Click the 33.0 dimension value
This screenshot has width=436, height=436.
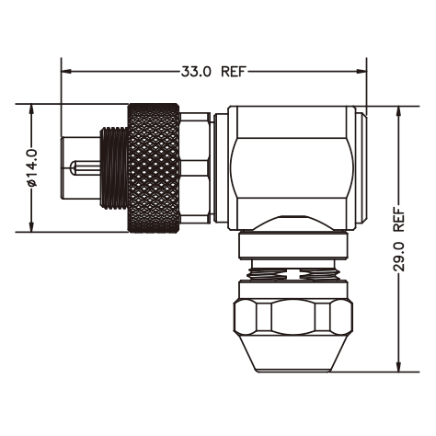pyautogui.click(x=196, y=72)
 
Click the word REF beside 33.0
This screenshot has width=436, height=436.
pyautogui.click(x=234, y=72)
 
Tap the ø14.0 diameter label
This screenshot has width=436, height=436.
pyautogui.click(x=32, y=168)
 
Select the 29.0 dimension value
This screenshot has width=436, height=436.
pyautogui.click(x=398, y=256)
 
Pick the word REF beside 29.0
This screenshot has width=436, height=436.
pyautogui.click(x=398, y=219)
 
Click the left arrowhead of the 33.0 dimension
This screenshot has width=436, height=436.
pyautogui.click(x=66, y=72)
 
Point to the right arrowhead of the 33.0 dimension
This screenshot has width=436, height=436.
pyautogui.click(x=361, y=72)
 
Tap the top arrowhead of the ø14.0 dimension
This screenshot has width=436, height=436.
pyautogui.click(x=31, y=109)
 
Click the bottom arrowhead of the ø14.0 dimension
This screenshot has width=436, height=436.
pyautogui.click(x=31, y=226)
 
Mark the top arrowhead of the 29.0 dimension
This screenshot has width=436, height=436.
pyautogui.click(x=398, y=112)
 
